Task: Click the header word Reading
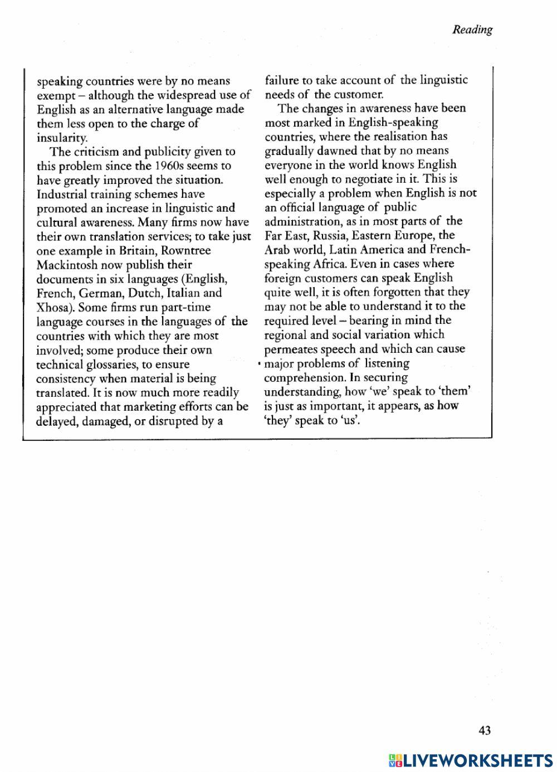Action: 472,30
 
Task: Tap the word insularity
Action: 62,138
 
